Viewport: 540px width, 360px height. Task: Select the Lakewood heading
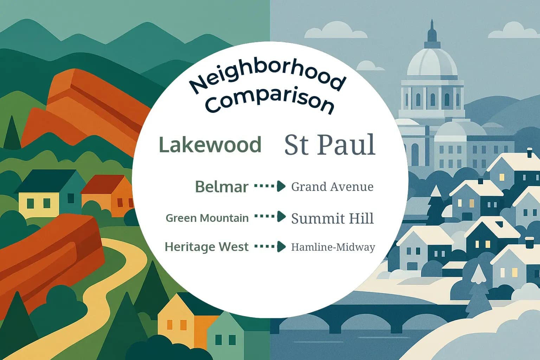[x=210, y=144]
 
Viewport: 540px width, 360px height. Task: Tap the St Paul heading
[x=329, y=144]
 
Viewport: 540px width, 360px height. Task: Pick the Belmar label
[x=221, y=187]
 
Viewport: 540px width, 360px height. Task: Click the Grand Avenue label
[x=332, y=187]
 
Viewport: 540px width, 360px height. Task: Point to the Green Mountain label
[x=207, y=218]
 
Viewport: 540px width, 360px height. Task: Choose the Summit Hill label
[x=332, y=218]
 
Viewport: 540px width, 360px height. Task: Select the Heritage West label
[x=206, y=247]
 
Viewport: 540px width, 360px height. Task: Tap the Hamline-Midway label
[x=333, y=247]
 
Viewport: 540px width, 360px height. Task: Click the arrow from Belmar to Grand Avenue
[x=270, y=186]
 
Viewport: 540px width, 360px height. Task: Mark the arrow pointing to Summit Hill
[x=270, y=217]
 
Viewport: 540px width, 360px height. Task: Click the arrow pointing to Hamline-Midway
[x=270, y=246]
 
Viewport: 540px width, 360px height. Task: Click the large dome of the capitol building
[x=432, y=63]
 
